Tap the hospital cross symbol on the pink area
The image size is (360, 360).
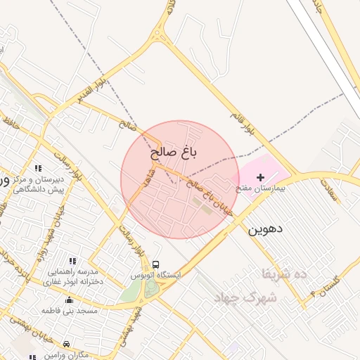point(261,179)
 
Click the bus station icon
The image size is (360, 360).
point(155,264)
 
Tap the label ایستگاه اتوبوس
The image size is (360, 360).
point(155,275)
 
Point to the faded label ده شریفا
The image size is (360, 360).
point(284,274)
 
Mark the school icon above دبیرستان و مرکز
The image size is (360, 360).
point(38,169)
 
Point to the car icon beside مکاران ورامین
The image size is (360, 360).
point(67,345)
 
